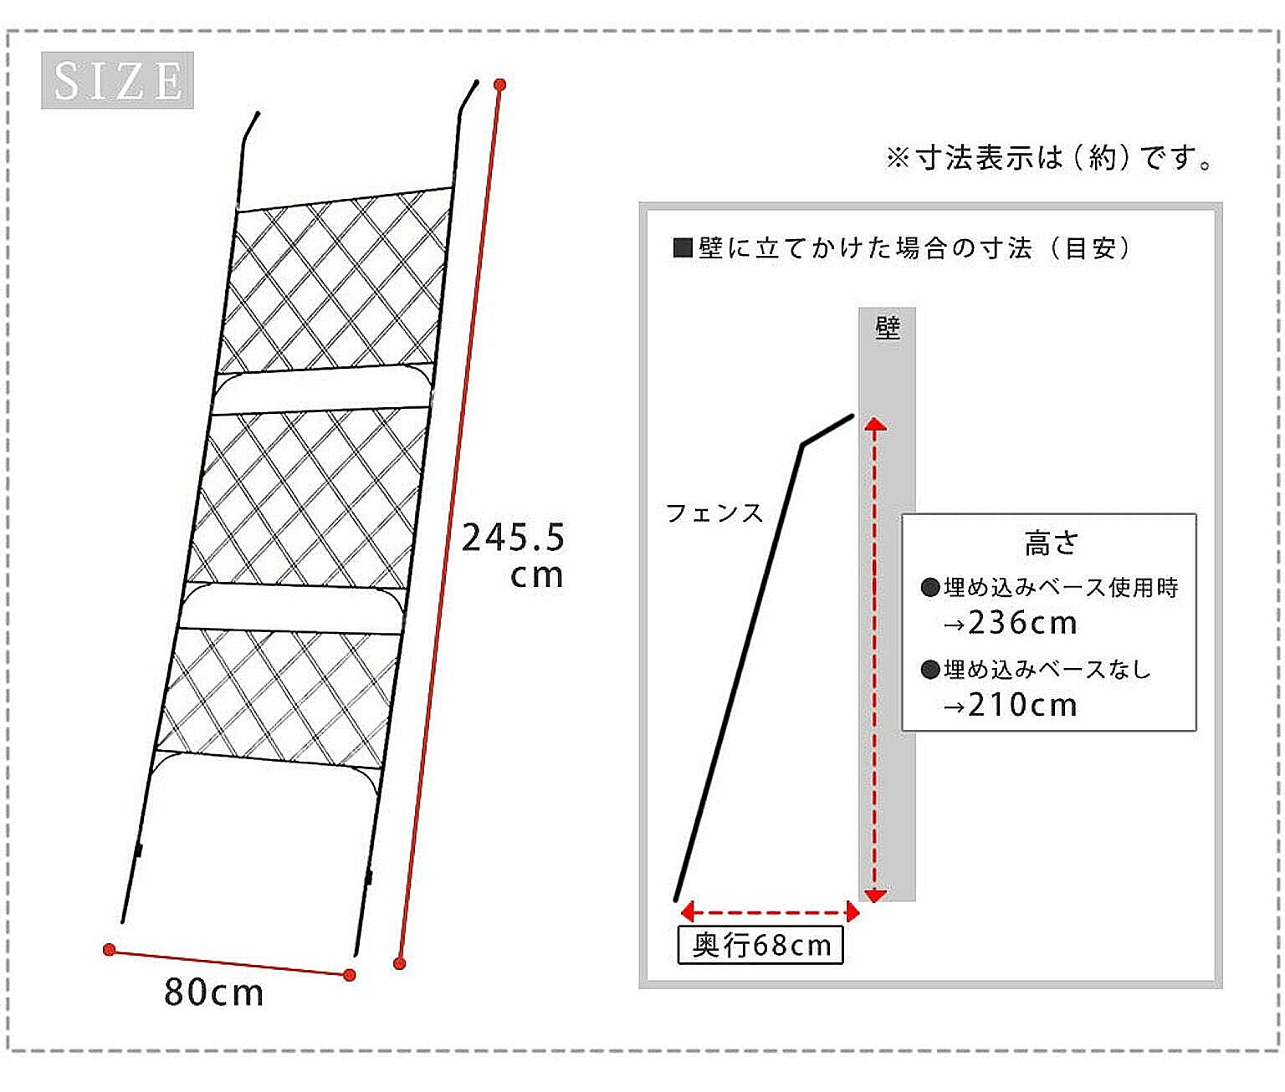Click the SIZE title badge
click(x=117, y=80)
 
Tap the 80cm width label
click(x=214, y=992)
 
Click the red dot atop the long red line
click(x=499, y=84)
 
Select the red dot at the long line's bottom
click(x=400, y=963)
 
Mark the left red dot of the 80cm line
click(x=110, y=949)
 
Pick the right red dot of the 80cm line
click(x=350, y=975)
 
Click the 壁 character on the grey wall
click(x=887, y=328)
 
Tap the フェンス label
click(x=714, y=513)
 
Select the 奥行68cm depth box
click(x=760, y=946)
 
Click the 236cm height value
click(x=1022, y=623)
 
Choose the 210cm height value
click(x=1022, y=705)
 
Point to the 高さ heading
click(x=1052, y=543)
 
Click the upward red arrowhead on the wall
click(x=875, y=425)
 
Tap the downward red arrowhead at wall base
click(x=875, y=896)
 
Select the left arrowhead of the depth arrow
click(x=687, y=912)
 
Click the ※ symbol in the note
click(x=898, y=158)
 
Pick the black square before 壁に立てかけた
click(x=683, y=248)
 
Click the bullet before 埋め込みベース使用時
click(x=930, y=587)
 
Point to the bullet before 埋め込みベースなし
click(x=930, y=670)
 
